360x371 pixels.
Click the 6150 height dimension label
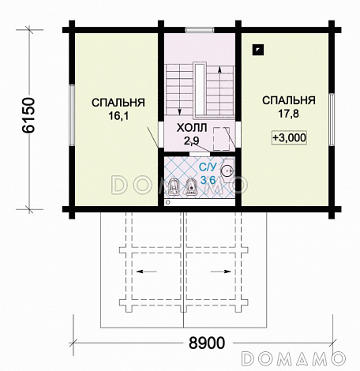(28, 115)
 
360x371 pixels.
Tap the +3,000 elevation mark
(289, 138)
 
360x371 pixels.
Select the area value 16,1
(118, 116)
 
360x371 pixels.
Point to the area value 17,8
(289, 114)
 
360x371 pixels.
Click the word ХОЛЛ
(192, 128)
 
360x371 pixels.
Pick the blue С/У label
(208, 167)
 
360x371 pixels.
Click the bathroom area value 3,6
(208, 180)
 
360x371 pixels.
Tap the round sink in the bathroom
(227, 171)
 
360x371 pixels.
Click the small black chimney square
(258, 50)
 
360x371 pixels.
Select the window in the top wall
(200, 30)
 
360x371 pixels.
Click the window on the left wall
(72, 115)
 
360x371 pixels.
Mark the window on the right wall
(332, 119)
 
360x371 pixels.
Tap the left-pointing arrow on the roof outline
(147, 272)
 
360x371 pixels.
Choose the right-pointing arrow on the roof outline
(221, 272)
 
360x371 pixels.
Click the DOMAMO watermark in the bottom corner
(293, 359)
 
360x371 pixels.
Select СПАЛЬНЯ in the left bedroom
(118, 103)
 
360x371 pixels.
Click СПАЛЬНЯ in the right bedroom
(289, 100)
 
